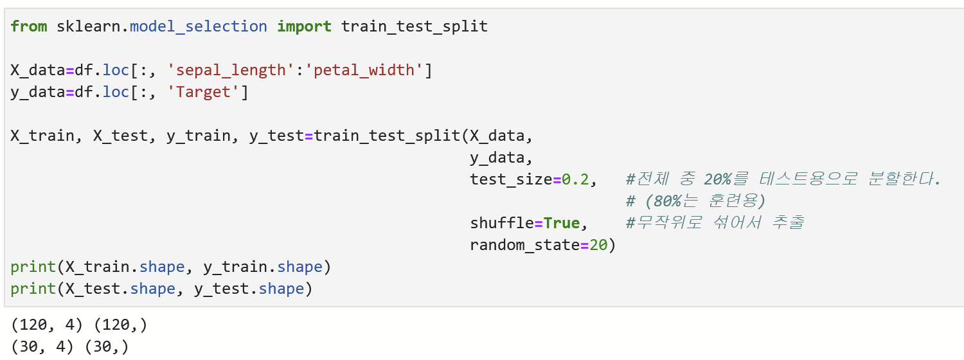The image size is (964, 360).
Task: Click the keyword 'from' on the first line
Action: tap(28, 26)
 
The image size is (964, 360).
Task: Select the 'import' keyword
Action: tap(304, 26)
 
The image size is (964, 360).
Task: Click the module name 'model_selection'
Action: tap(199, 26)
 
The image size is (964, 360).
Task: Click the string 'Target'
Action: tap(203, 92)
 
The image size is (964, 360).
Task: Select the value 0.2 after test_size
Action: tap(575, 179)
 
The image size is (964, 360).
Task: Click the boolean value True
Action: tap(561, 223)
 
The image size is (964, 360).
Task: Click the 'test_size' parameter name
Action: tap(511, 179)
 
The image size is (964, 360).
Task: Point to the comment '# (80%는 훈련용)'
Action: tap(695, 201)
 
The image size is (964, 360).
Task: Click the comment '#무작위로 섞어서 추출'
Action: tap(714, 223)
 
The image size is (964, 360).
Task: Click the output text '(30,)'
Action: tap(107, 347)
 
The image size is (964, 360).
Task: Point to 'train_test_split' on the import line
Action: tap(414, 26)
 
